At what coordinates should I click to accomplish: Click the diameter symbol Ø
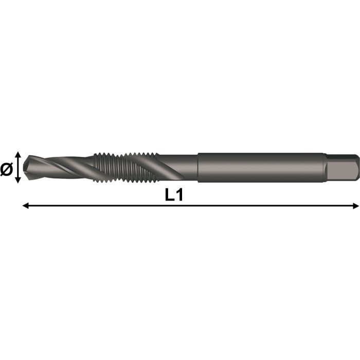click(x=7, y=168)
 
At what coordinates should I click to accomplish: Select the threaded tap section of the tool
click(x=126, y=167)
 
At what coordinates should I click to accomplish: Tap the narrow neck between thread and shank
click(x=177, y=167)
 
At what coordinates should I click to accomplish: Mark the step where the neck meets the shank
click(x=198, y=167)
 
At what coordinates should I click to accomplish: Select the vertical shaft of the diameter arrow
click(x=18, y=167)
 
